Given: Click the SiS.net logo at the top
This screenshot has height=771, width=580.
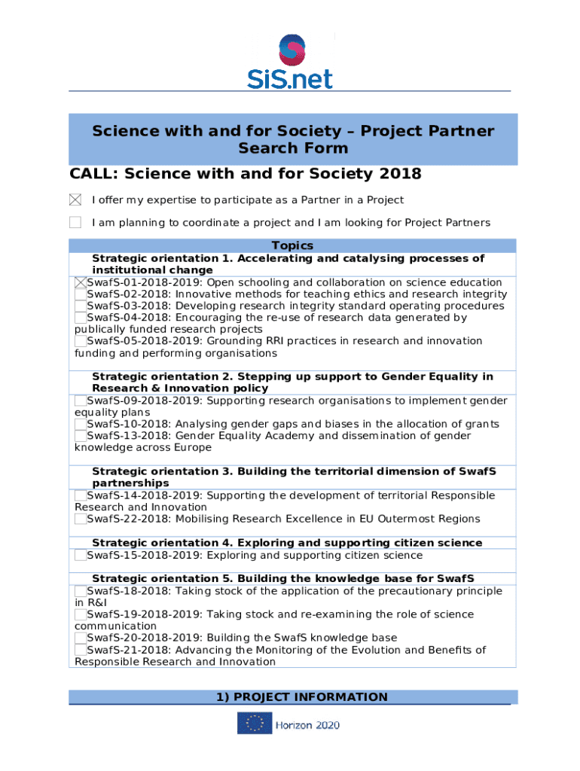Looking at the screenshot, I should pos(290,61).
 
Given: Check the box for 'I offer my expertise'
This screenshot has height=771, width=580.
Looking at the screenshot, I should pos(75,200).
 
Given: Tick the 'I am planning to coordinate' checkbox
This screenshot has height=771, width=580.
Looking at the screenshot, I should pos(75,223).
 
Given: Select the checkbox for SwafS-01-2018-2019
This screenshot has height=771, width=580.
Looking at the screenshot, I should pos(81,282).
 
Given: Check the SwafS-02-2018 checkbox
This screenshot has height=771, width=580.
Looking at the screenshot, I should pos(81,294).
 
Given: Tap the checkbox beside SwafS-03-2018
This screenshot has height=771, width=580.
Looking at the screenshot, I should pos(81,306).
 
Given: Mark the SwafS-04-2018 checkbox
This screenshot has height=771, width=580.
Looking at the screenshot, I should pos(81,318).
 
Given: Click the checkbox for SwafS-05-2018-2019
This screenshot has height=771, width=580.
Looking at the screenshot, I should pos(81,341).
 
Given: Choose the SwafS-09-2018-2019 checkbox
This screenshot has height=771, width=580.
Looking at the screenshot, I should pos(81,401).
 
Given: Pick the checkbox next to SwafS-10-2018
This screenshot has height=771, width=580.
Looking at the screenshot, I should pos(81,424).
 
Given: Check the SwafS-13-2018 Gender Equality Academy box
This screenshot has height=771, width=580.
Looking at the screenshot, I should pos(81,436).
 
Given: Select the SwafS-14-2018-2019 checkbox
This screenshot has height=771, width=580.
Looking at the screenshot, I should pos(81,495).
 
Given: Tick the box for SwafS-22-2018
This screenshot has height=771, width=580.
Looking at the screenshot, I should pos(81,519).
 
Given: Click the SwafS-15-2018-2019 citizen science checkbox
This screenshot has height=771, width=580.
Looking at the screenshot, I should pos(81,556).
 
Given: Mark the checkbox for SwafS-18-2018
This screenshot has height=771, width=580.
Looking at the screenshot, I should pos(81,591).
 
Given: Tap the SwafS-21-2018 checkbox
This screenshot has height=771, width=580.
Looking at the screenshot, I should pos(81,650).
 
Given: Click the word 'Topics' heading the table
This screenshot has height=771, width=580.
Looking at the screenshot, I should pos(292,246).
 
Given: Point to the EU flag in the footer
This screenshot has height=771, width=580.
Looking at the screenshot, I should pos(255,724).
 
